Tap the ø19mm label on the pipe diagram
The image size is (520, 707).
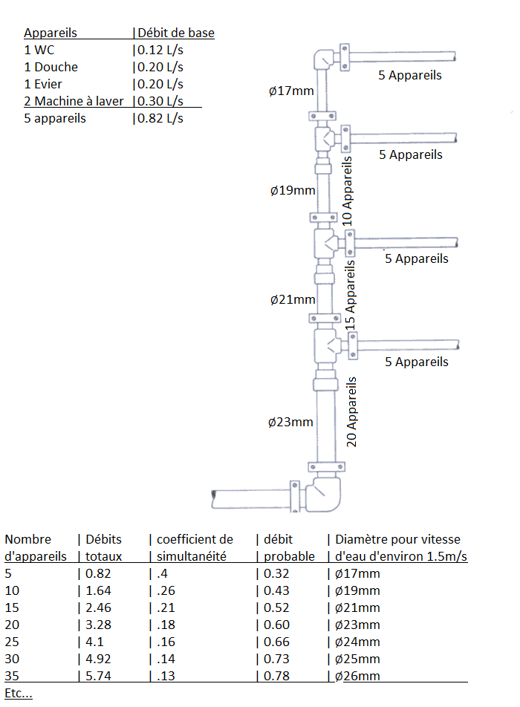point(293,190)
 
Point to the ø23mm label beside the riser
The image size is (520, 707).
point(290,422)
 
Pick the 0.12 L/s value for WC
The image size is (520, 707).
point(159,50)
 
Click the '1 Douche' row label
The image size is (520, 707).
point(51,67)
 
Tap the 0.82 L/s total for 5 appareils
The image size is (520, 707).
point(159,118)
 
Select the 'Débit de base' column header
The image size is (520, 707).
point(176,33)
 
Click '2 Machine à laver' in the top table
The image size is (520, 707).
point(74,101)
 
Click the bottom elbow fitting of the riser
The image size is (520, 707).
point(325,495)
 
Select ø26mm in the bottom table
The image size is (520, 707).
point(357,676)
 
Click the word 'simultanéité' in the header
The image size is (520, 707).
point(189,556)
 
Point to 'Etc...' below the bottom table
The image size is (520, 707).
point(18,693)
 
